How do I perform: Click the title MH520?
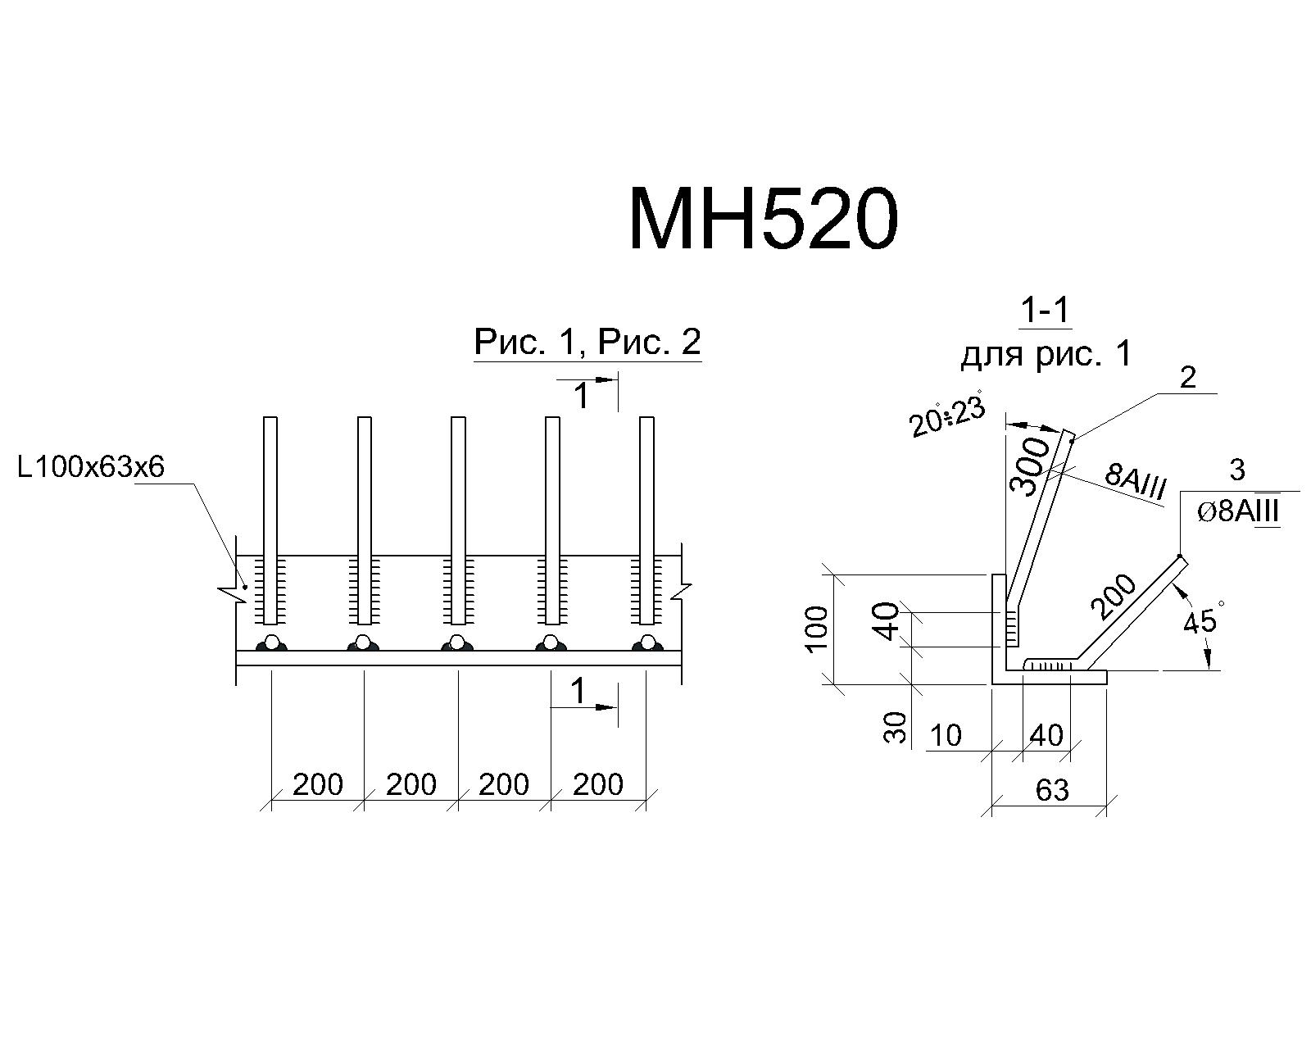coord(764,218)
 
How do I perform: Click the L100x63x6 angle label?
coord(91,467)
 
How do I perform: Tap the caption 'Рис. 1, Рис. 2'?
coord(587,342)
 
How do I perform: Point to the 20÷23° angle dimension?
coord(946,415)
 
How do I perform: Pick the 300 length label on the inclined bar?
coord(1029,467)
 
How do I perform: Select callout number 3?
coord(1237,470)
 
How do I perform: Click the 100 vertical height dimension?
coord(817,629)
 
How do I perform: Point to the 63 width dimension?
coord(1053,791)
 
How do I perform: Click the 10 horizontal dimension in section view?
coord(946,736)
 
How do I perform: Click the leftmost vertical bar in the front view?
coord(270,520)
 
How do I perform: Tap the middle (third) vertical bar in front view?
coord(457,520)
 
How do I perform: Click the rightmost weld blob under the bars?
coord(647,643)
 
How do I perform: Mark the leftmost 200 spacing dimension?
coord(318,783)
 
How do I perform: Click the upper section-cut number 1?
coord(583,396)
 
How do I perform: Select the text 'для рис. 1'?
coord(1046,354)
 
